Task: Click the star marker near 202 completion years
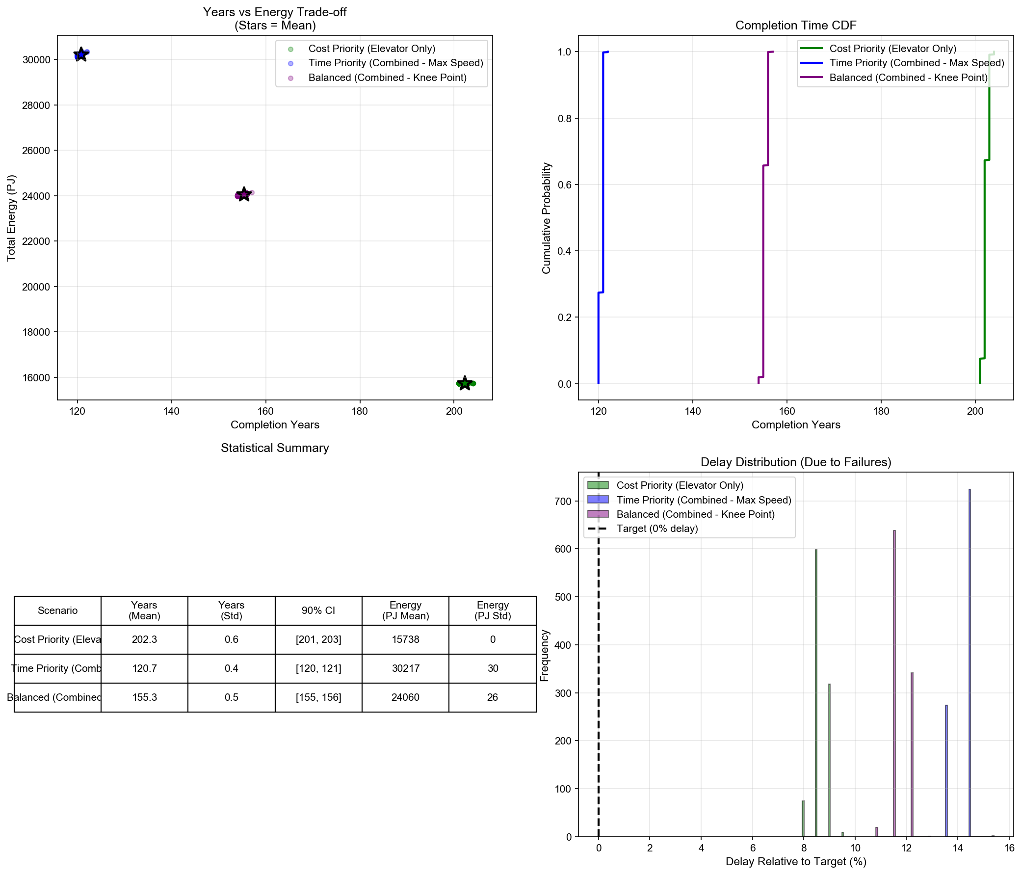464,383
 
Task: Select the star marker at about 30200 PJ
81,54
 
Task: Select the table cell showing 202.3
145,639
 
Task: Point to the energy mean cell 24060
405,697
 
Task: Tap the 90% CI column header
318,610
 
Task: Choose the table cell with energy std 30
492,668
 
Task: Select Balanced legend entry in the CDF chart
908,78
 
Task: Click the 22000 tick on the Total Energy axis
36,241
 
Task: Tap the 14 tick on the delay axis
957,848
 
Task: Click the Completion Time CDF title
796,26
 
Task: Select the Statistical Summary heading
275,448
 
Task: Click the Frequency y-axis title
545,656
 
